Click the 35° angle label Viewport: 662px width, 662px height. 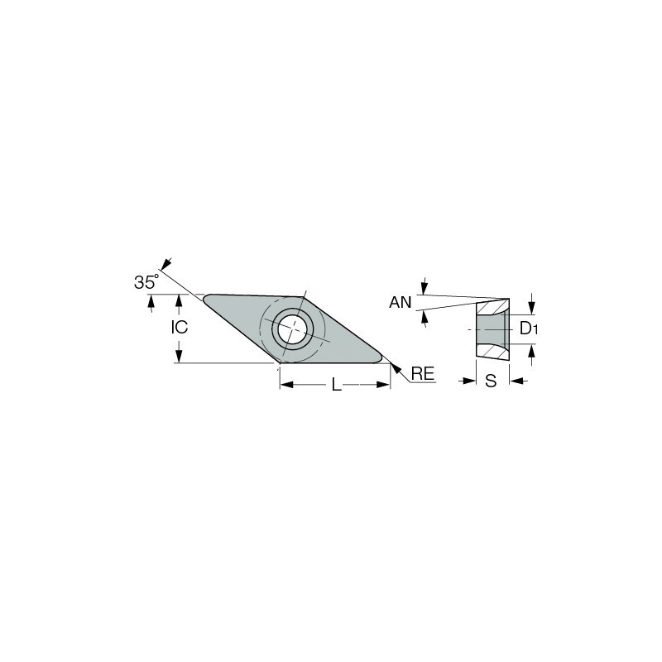(x=146, y=281)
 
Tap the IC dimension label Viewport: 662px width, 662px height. (x=180, y=327)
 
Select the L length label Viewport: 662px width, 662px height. (x=336, y=385)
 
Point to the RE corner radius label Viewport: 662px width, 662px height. (x=423, y=374)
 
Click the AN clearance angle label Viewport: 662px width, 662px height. (x=400, y=302)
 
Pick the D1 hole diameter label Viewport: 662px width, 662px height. (x=529, y=328)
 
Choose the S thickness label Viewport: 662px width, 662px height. (x=491, y=381)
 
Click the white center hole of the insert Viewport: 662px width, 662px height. (x=292, y=329)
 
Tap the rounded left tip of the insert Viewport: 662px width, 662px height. (x=206, y=299)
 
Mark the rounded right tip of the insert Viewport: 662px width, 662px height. (x=379, y=358)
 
